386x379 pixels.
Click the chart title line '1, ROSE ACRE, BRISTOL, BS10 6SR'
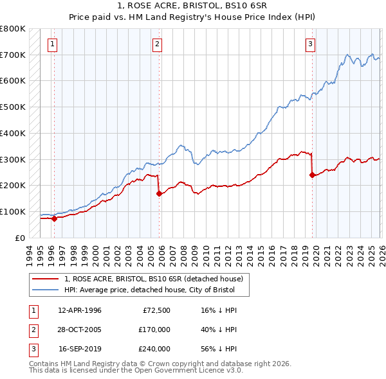[192, 5]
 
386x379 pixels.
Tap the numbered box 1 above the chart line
[52, 44]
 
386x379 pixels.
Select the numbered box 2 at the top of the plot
[157, 44]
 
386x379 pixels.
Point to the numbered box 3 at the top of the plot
[310, 44]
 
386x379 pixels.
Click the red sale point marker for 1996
[54, 218]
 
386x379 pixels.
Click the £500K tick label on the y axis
[13, 107]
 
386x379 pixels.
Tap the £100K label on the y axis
[13, 211]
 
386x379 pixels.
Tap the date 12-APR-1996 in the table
[80, 310]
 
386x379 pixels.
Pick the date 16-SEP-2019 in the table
[80, 349]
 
